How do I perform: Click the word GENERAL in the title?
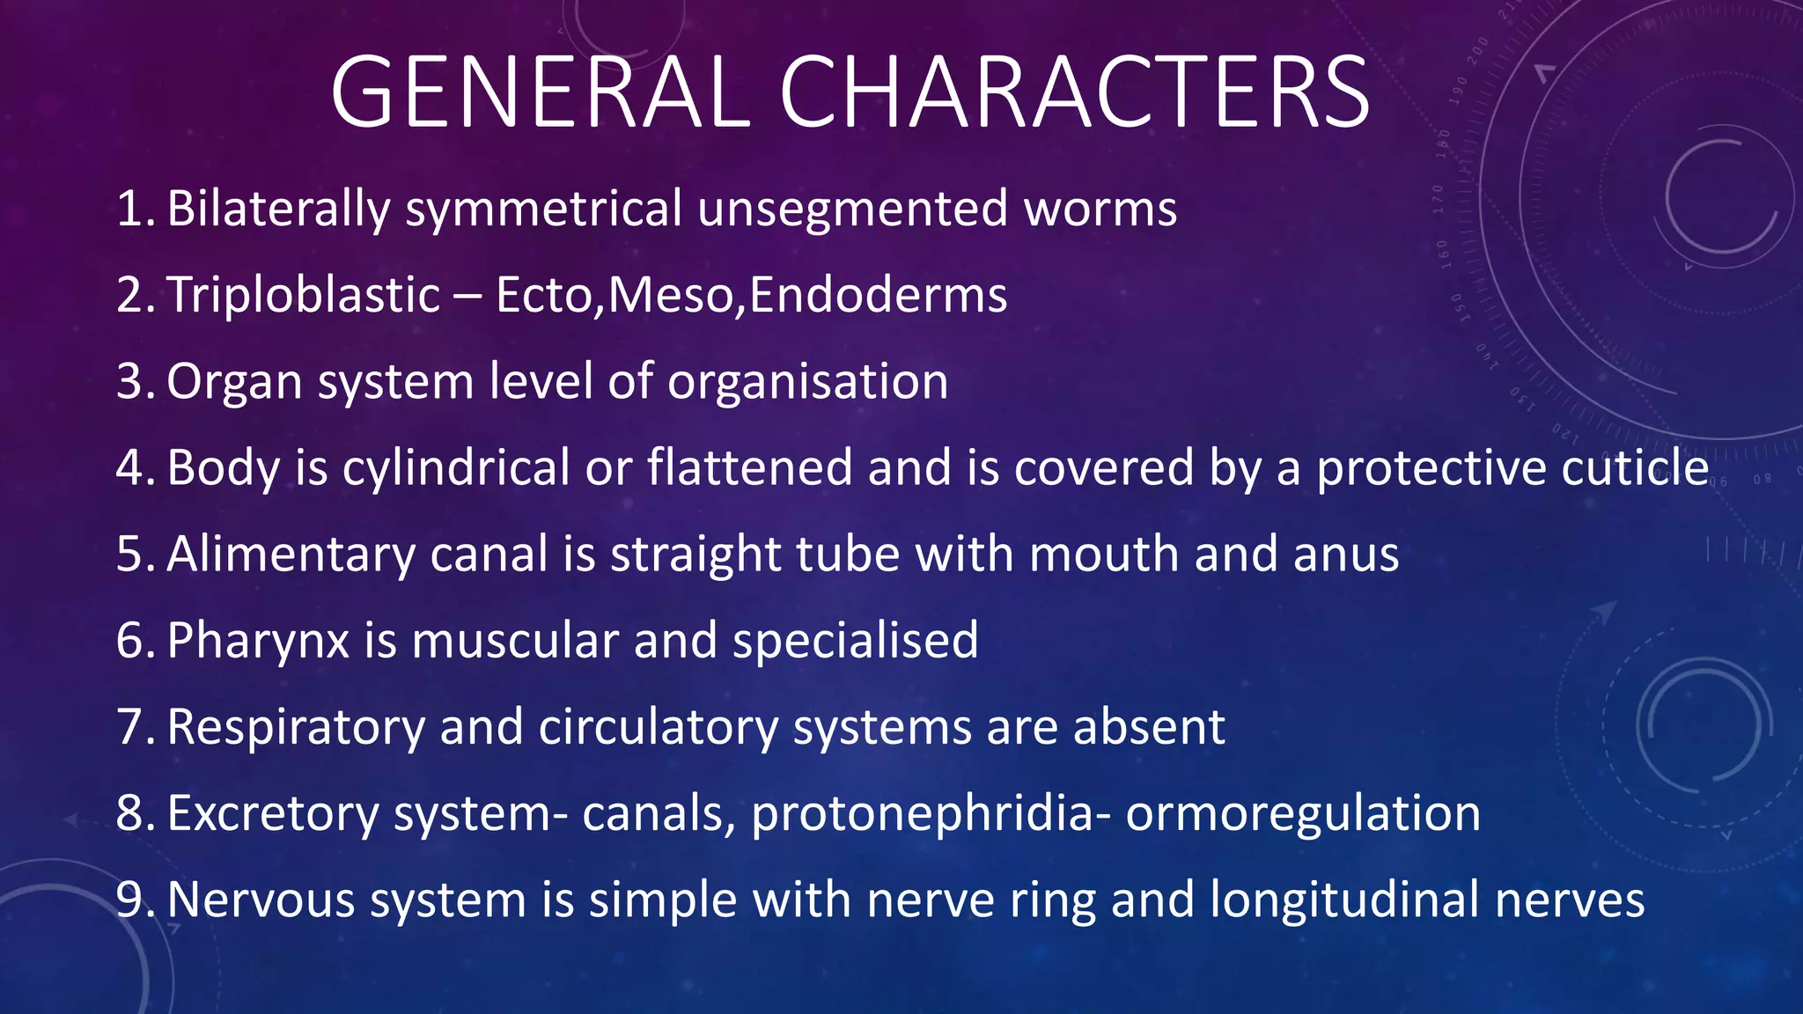pos(540,92)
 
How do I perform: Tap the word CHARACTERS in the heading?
pos(1074,92)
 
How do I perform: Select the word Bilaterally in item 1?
pos(278,209)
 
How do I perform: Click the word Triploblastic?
pos(304,295)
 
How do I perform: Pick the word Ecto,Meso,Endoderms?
pos(751,295)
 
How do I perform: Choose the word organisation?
pos(807,382)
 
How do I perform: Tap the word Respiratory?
pos(296,728)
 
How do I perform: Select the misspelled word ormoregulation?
pos(1303,814)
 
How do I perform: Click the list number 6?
pos(134,640)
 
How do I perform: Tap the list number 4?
pos(134,467)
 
